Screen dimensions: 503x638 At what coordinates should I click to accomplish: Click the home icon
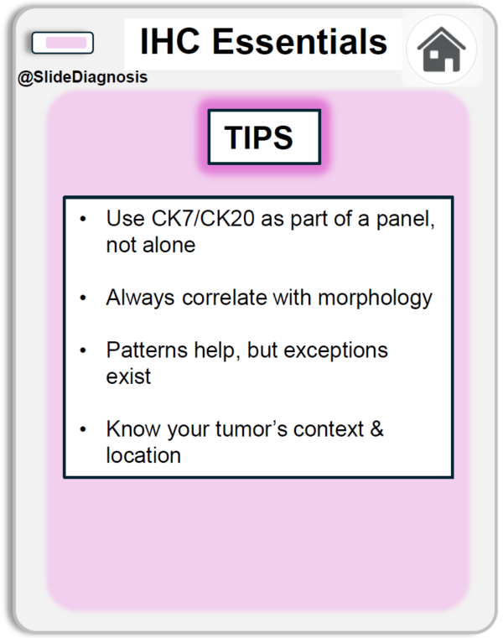click(441, 49)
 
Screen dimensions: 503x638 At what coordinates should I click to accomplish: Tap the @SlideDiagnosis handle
click(83, 77)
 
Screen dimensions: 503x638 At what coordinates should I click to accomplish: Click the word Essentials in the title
click(299, 42)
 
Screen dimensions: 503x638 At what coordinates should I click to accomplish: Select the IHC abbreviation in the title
click(169, 42)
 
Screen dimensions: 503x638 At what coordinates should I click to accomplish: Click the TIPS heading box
click(264, 137)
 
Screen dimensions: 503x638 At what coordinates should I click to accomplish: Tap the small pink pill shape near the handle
click(63, 43)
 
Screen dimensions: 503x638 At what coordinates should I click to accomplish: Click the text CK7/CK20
click(203, 219)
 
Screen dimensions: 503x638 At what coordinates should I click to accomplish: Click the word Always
click(140, 298)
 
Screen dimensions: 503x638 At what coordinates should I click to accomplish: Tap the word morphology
click(375, 298)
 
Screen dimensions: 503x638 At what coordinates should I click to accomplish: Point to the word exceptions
click(335, 350)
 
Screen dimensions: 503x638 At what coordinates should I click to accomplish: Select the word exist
click(128, 376)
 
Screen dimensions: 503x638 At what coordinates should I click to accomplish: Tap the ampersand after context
click(377, 429)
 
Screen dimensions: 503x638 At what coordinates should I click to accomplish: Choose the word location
click(143, 455)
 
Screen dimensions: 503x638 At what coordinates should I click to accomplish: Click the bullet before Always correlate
click(83, 298)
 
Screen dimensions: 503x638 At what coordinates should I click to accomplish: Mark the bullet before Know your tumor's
click(83, 429)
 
